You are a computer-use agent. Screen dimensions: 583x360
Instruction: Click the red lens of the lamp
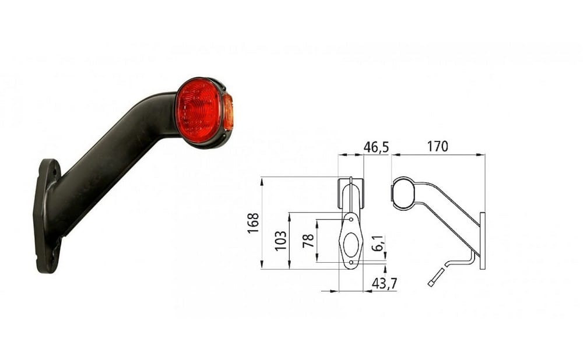[199, 111]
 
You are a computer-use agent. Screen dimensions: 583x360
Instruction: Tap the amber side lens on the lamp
[229, 112]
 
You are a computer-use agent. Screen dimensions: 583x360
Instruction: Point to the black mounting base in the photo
[48, 216]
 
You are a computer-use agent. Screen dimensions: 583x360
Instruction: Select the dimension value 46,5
[376, 147]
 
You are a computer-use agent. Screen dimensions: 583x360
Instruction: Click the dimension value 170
[437, 147]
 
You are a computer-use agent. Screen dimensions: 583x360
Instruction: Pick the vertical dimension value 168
[253, 223]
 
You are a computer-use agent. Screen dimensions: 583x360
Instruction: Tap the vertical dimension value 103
[281, 241]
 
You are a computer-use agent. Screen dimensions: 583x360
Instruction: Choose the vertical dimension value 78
[308, 241]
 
